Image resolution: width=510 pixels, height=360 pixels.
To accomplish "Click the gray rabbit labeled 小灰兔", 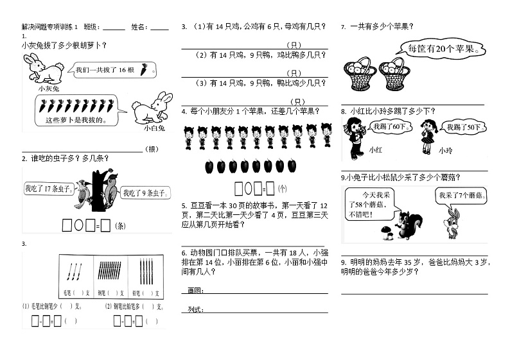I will tap(42, 69).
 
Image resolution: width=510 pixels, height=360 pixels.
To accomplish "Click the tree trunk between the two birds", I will tap(97, 189).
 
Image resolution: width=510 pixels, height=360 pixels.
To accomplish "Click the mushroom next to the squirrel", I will tap(387, 232).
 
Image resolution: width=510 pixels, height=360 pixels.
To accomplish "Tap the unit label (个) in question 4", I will tap(283, 189).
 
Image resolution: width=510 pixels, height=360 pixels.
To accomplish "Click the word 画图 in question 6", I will tap(194, 291).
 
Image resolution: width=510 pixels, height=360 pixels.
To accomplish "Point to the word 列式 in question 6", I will tap(194, 310).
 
